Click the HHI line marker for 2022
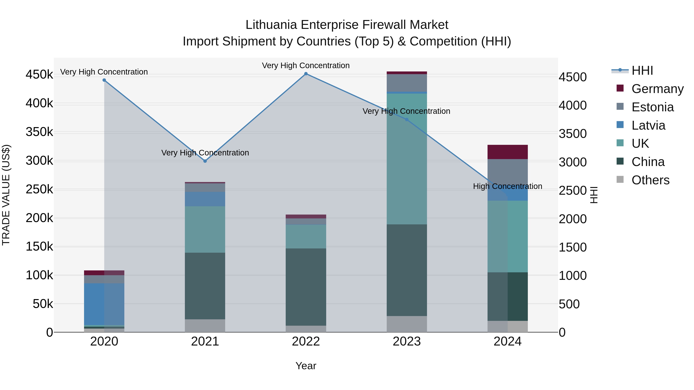tap(306, 74)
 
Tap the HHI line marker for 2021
tap(205, 161)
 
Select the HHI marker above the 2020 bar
tap(104, 80)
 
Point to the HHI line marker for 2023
tap(407, 119)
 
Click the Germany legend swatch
tap(620, 88)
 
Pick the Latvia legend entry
tap(648, 125)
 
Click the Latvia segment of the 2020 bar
tap(104, 304)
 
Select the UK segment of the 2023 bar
tap(407, 159)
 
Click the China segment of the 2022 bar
tap(306, 287)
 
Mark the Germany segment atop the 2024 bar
tap(508, 152)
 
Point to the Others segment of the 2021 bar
tap(205, 326)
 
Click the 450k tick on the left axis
tap(39, 75)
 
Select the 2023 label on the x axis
tap(407, 341)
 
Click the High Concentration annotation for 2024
tap(508, 186)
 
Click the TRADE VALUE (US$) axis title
tap(6, 195)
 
